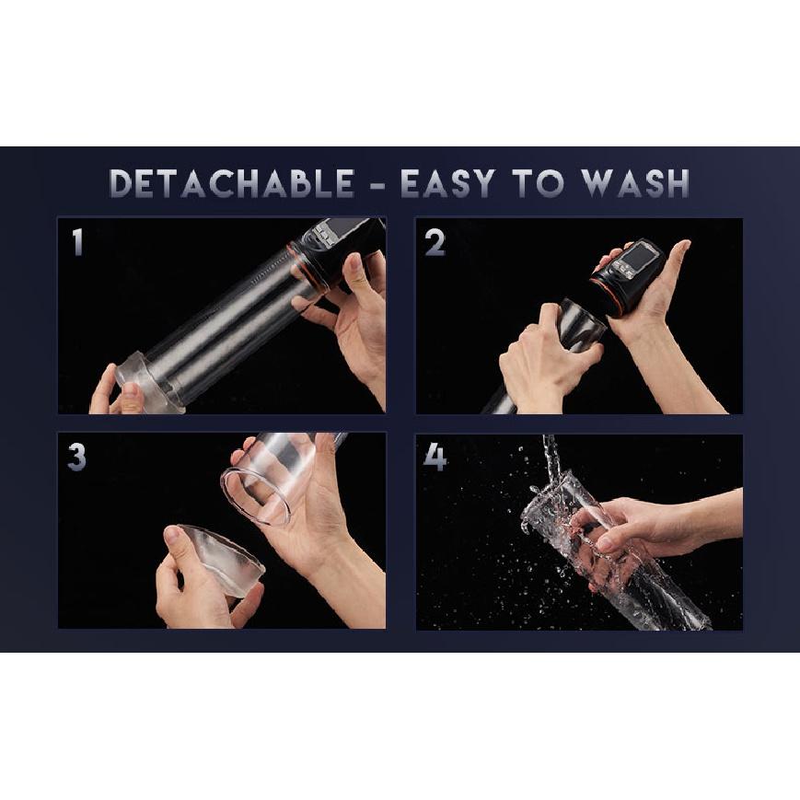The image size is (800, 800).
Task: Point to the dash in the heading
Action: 377,185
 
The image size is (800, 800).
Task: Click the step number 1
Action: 77,242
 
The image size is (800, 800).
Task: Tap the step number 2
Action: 435,242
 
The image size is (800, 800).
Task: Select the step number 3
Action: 76,457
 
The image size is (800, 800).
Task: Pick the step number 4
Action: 435,457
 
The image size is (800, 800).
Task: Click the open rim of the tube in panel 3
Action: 255,497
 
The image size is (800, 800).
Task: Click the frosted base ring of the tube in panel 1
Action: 148,380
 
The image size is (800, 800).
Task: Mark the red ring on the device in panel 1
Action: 300,265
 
